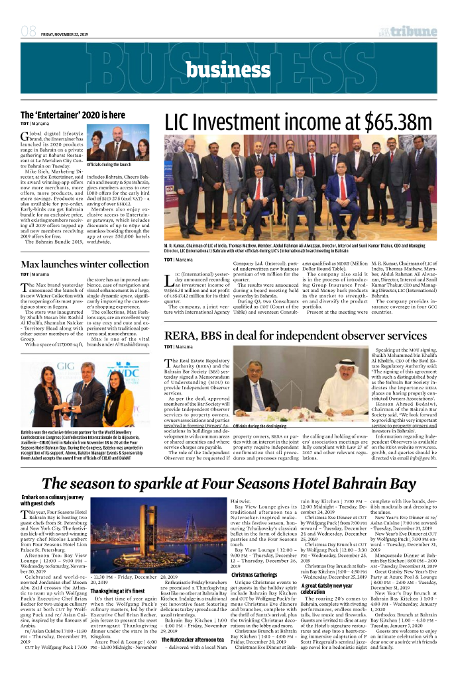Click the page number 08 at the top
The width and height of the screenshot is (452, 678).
tap(28, 31)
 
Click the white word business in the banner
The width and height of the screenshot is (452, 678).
tap(225, 70)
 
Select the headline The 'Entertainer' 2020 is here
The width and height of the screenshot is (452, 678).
tap(73, 115)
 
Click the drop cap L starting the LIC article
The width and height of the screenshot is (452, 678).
tap(169, 277)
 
